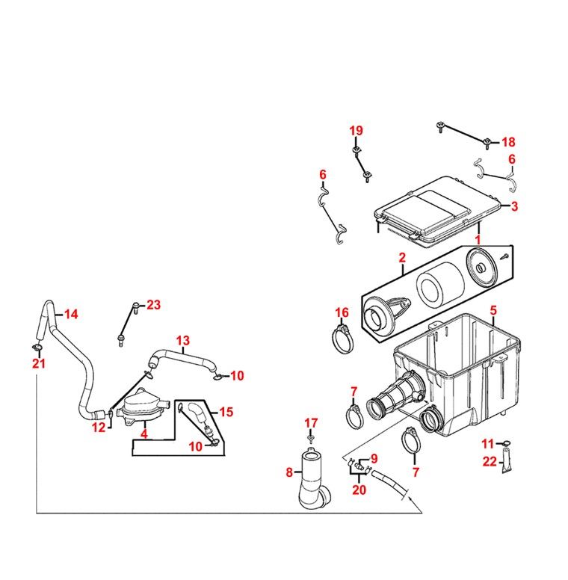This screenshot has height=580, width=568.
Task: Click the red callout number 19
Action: click(x=356, y=131)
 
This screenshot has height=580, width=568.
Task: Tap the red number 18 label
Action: click(x=508, y=142)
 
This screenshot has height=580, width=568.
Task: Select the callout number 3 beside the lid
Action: click(x=514, y=206)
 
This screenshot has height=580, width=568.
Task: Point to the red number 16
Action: click(x=342, y=312)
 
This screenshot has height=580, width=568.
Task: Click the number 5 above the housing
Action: click(x=494, y=310)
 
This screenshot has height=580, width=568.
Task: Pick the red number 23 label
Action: click(x=154, y=305)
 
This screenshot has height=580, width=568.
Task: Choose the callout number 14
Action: click(x=71, y=315)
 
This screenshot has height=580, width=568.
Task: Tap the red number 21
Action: click(x=39, y=363)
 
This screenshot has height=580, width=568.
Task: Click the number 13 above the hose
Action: click(x=183, y=341)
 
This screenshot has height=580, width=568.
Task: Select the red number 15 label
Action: click(x=226, y=412)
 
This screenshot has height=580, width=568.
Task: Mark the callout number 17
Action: click(x=311, y=423)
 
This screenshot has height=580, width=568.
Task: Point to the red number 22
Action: click(x=490, y=462)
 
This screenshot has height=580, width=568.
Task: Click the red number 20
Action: click(x=359, y=490)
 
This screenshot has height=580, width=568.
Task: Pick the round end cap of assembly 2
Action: click(x=482, y=266)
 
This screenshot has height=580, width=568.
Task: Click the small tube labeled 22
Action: click(x=507, y=460)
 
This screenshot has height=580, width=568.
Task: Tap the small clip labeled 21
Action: click(x=37, y=348)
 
